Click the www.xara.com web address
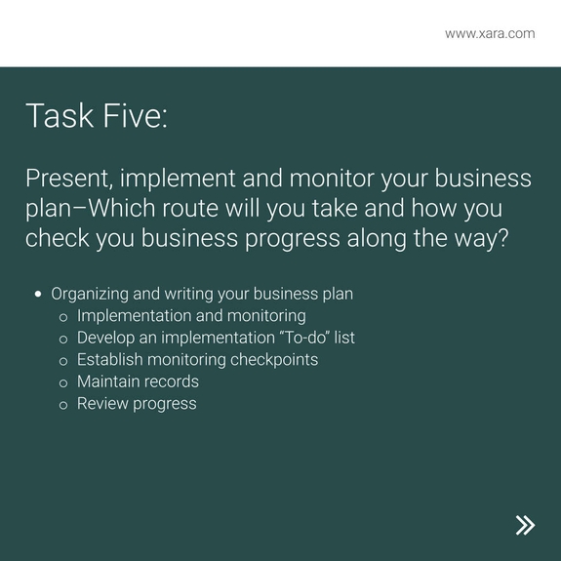point(490,33)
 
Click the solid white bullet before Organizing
point(38,293)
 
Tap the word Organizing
point(95,293)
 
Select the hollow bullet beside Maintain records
point(63,382)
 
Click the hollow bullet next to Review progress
point(63,404)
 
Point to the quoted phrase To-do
point(302,338)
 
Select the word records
point(168,381)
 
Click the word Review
point(102,403)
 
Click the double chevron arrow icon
point(525,525)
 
